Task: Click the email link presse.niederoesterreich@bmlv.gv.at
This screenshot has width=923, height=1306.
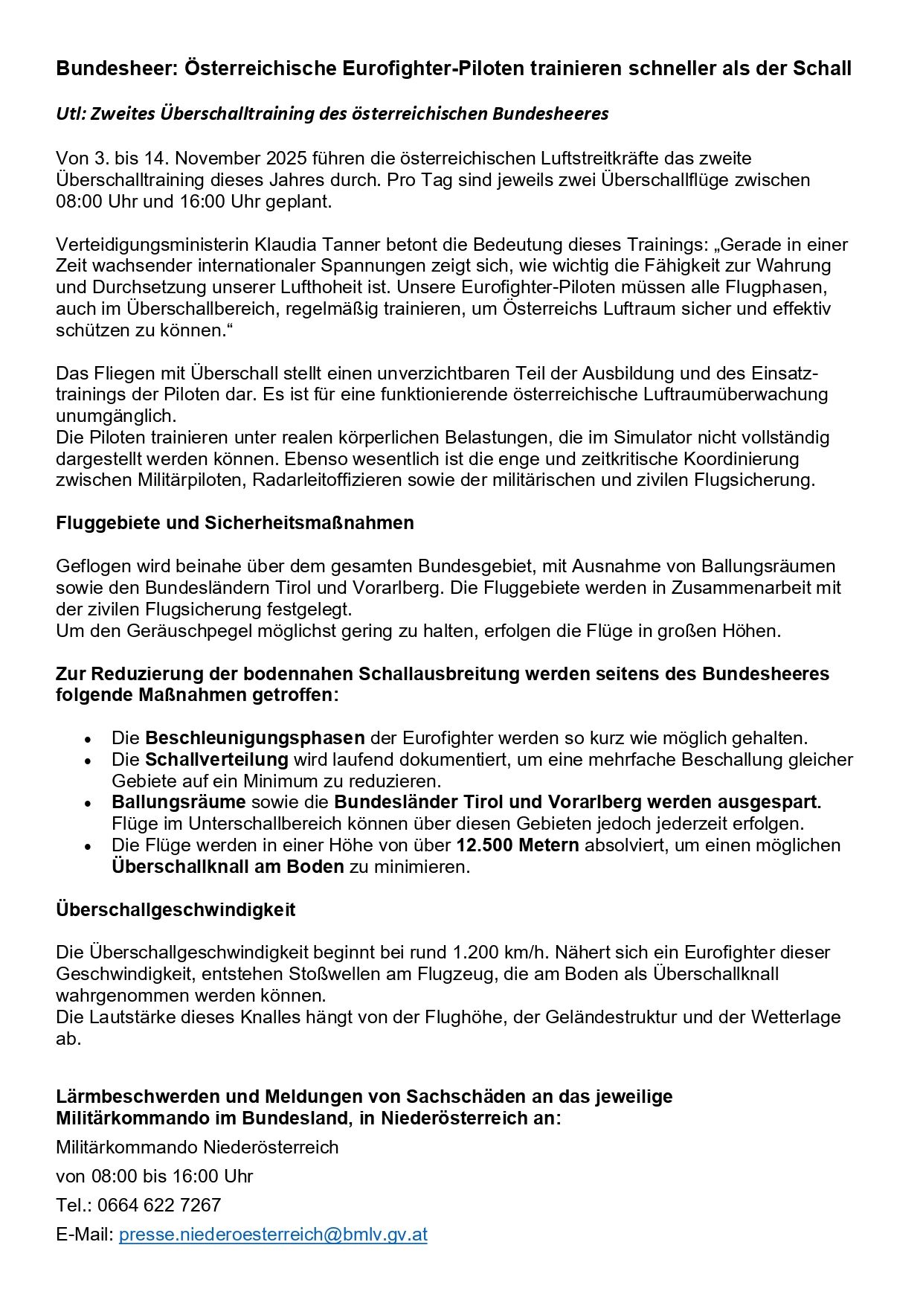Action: coord(273,1235)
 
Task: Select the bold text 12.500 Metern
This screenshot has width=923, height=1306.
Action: coord(517,845)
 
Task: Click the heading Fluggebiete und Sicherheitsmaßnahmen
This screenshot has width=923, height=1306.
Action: coord(234,523)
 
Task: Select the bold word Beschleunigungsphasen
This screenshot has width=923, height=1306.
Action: coord(254,738)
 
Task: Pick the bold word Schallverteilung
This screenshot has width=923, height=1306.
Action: coord(216,760)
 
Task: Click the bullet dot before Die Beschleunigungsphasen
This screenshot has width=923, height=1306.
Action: coord(89,740)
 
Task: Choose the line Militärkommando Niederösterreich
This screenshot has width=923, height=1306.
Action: coord(197,1147)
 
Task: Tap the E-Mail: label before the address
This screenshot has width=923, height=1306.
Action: coord(85,1235)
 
